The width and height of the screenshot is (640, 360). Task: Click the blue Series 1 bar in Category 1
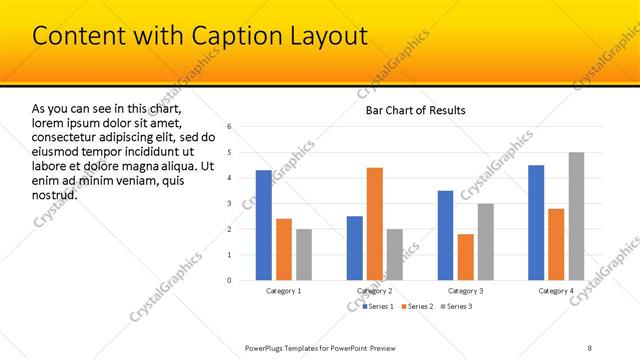pyautogui.click(x=263, y=225)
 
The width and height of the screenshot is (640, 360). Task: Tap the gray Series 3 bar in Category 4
pyautogui.click(x=576, y=216)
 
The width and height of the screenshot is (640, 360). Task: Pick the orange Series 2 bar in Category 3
pyautogui.click(x=466, y=257)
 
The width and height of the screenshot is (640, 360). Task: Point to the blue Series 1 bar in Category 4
pyautogui.click(x=536, y=222)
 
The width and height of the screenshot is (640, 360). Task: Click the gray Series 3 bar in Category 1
pyautogui.click(x=303, y=254)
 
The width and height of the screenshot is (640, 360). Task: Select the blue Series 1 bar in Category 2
pyautogui.click(x=355, y=248)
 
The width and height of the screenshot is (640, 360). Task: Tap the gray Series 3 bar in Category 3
pyautogui.click(x=486, y=241)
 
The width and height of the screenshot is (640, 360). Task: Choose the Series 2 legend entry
pyautogui.click(x=416, y=306)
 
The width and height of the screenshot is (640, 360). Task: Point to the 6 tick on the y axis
pyautogui.click(x=230, y=126)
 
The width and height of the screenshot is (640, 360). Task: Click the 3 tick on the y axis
pyautogui.click(x=230, y=203)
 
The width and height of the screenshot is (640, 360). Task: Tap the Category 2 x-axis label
pyautogui.click(x=375, y=291)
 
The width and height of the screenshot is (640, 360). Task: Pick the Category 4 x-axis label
pyautogui.click(x=556, y=291)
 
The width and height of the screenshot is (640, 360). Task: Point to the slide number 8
pyautogui.click(x=590, y=347)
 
